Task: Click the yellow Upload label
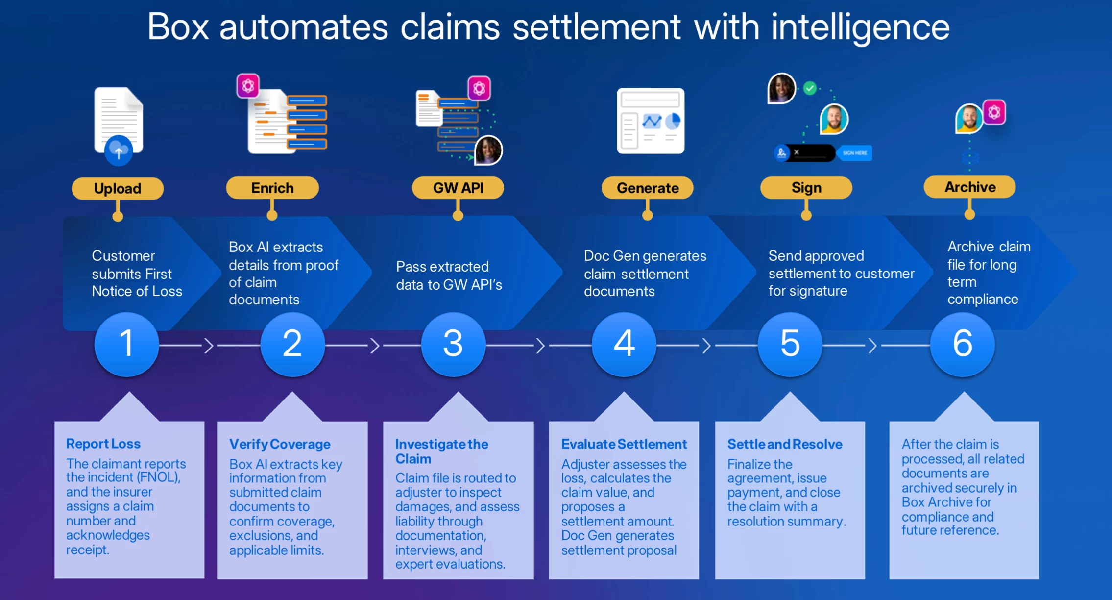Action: point(118,188)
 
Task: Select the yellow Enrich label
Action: point(272,188)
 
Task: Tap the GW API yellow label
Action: point(458,188)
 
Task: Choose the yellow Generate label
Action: point(647,188)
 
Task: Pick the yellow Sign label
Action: point(806,188)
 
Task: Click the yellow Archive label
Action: point(969,187)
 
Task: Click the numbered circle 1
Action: point(126,344)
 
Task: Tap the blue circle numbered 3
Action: point(453,344)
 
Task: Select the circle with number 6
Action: point(962,344)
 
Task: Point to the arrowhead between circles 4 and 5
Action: point(706,346)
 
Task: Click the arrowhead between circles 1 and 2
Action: point(209,346)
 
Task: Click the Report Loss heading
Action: point(103,444)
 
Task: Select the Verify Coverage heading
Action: point(280,444)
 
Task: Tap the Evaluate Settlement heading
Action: point(624,444)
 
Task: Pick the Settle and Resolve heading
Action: point(784,444)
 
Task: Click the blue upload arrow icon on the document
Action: point(119,151)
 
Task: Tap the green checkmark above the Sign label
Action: point(810,88)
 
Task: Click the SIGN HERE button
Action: point(854,153)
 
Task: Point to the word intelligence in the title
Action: point(860,27)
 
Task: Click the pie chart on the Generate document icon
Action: point(674,121)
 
